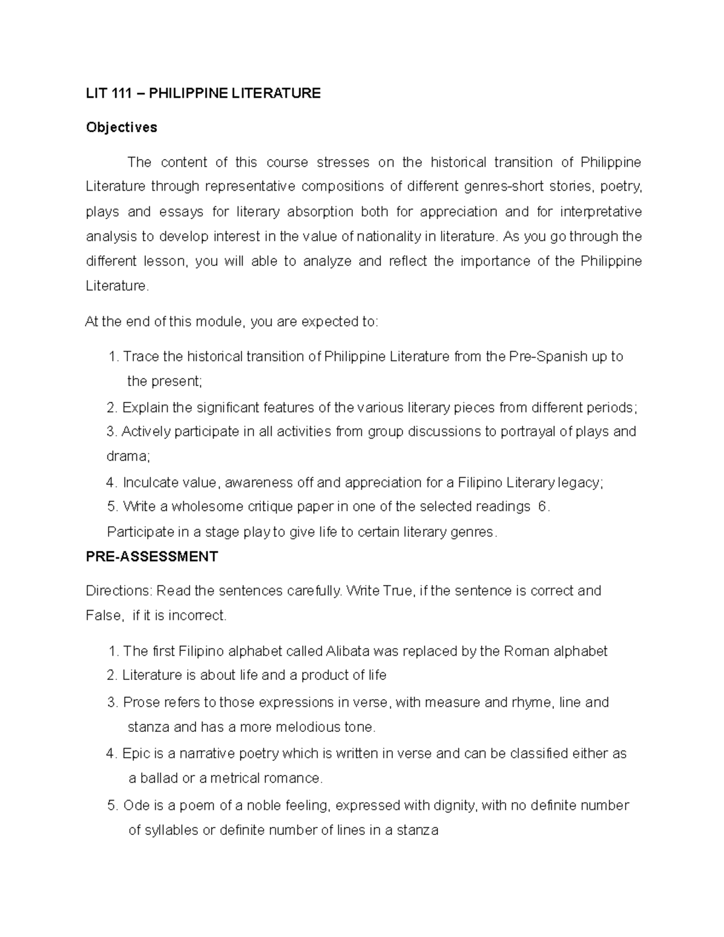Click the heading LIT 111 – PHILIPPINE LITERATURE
point(203,93)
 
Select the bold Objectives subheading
point(121,127)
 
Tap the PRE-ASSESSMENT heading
point(151,556)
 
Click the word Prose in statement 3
point(138,702)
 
